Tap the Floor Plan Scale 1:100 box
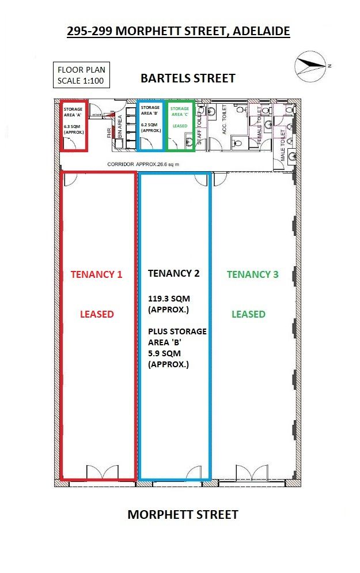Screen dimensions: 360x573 click(x=81, y=75)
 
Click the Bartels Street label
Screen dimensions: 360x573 click(x=188, y=78)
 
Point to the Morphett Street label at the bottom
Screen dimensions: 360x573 click(x=183, y=515)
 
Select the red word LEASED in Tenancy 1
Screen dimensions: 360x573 click(x=97, y=314)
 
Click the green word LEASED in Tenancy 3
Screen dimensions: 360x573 click(x=248, y=314)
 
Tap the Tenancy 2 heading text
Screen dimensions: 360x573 click(x=174, y=273)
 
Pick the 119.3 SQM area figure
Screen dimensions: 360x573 click(x=169, y=299)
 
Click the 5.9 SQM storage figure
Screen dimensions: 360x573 click(x=164, y=353)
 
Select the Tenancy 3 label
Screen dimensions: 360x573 click(x=253, y=274)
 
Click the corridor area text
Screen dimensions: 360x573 click(x=143, y=164)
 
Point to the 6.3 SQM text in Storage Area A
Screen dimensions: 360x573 click(x=73, y=126)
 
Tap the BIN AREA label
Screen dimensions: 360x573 click(x=120, y=126)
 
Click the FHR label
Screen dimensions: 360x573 click(x=109, y=133)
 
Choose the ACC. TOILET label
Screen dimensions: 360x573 click(x=224, y=119)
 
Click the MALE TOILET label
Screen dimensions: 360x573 click(x=283, y=145)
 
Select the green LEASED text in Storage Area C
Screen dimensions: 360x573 click(x=180, y=126)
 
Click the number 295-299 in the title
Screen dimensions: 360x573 click(x=90, y=32)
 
